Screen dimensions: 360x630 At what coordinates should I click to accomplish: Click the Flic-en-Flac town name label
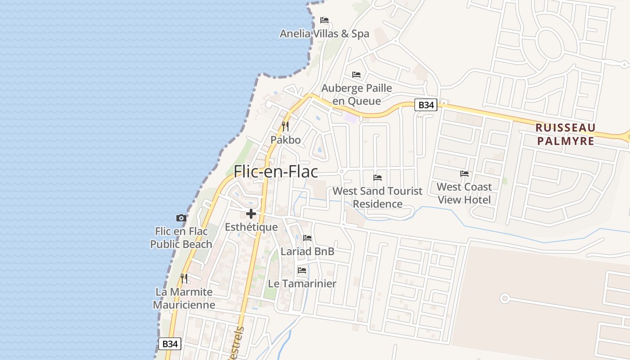[x=275, y=171]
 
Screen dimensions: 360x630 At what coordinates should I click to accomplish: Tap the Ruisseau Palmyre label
[x=565, y=134]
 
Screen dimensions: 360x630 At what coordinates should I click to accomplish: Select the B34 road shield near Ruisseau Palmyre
[x=426, y=105]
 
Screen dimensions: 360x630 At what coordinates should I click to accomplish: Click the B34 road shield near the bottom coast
[x=170, y=344]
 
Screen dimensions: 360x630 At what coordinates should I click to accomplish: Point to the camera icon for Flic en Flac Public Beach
[x=181, y=218]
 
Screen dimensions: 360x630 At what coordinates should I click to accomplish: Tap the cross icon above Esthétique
[x=251, y=214]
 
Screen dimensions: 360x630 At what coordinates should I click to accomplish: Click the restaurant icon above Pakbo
[x=285, y=126]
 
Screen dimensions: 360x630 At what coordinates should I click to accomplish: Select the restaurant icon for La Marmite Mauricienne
[x=184, y=278]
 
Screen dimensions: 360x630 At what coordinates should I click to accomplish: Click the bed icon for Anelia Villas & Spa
[x=324, y=20]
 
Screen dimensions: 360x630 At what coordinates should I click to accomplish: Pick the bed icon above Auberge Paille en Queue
[x=356, y=74]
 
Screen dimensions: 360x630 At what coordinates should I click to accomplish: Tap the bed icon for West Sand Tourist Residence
[x=378, y=178]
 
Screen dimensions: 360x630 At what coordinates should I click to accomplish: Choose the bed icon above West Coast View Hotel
[x=464, y=173]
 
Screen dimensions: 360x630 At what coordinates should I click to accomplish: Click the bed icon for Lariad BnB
[x=307, y=238]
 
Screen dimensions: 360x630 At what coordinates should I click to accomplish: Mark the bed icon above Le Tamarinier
[x=302, y=270]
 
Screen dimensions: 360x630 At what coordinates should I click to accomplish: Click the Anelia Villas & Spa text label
[x=324, y=34]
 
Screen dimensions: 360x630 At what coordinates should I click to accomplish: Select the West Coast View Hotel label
[x=464, y=193]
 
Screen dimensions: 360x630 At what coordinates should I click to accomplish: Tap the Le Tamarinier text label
[x=302, y=283]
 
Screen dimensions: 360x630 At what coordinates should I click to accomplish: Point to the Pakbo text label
[x=285, y=140]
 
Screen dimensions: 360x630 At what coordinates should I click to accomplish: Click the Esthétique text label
[x=251, y=227]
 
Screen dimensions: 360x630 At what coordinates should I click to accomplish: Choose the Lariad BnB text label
[x=307, y=251]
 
